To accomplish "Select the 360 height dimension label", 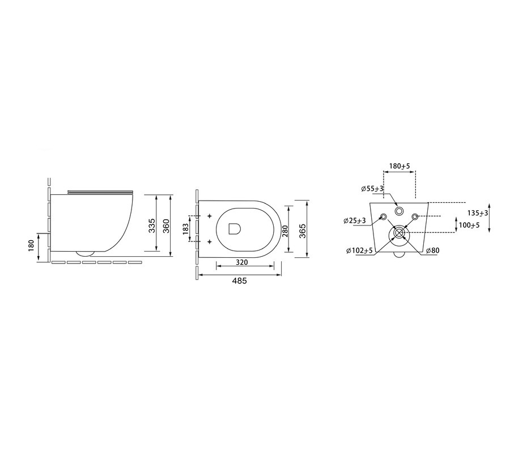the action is click(165, 226).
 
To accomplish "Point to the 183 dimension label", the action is click(186, 229).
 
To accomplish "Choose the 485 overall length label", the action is click(239, 281).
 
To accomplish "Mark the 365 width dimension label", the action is click(303, 231).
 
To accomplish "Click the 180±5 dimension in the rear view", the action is click(399, 166).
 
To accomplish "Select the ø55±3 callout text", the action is click(372, 189).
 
